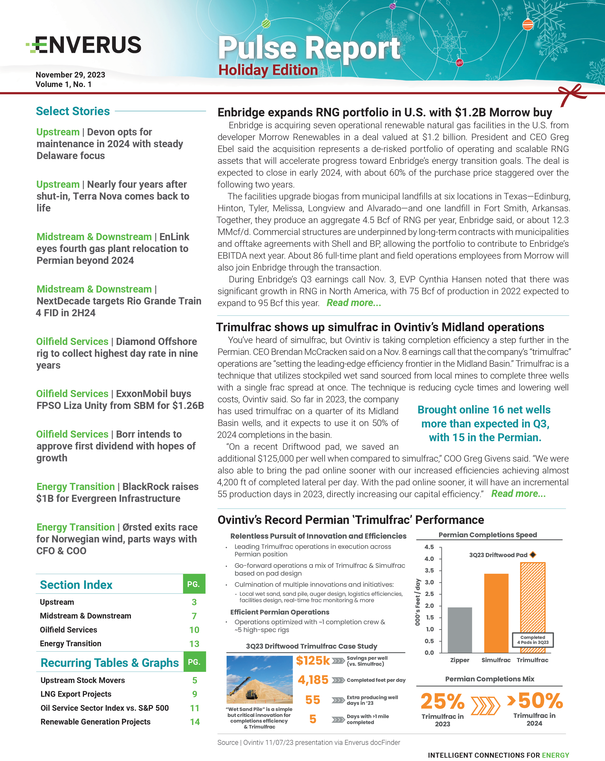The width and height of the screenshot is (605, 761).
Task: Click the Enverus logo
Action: [x=84, y=45]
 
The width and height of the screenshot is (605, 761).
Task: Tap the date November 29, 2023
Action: [x=70, y=75]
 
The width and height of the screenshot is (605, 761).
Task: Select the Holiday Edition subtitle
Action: [x=268, y=70]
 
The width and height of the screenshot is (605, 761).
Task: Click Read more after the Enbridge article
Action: [x=354, y=303]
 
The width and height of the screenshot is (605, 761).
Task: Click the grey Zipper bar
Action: [x=460, y=630]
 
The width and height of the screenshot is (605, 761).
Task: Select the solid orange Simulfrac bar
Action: [x=496, y=613]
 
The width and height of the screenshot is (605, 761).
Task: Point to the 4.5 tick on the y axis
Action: [x=429, y=547]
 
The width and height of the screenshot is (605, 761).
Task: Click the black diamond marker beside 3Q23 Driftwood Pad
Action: [x=533, y=555]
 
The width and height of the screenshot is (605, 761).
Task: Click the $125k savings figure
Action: [x=312, y=661]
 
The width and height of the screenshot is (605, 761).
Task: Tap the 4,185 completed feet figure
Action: [x=313, y=680]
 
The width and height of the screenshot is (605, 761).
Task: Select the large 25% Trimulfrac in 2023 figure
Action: [x=442, y=701]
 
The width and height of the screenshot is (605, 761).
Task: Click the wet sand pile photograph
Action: [x=259, y=679]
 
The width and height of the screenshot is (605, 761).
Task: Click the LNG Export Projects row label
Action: [x=76, y=694]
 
